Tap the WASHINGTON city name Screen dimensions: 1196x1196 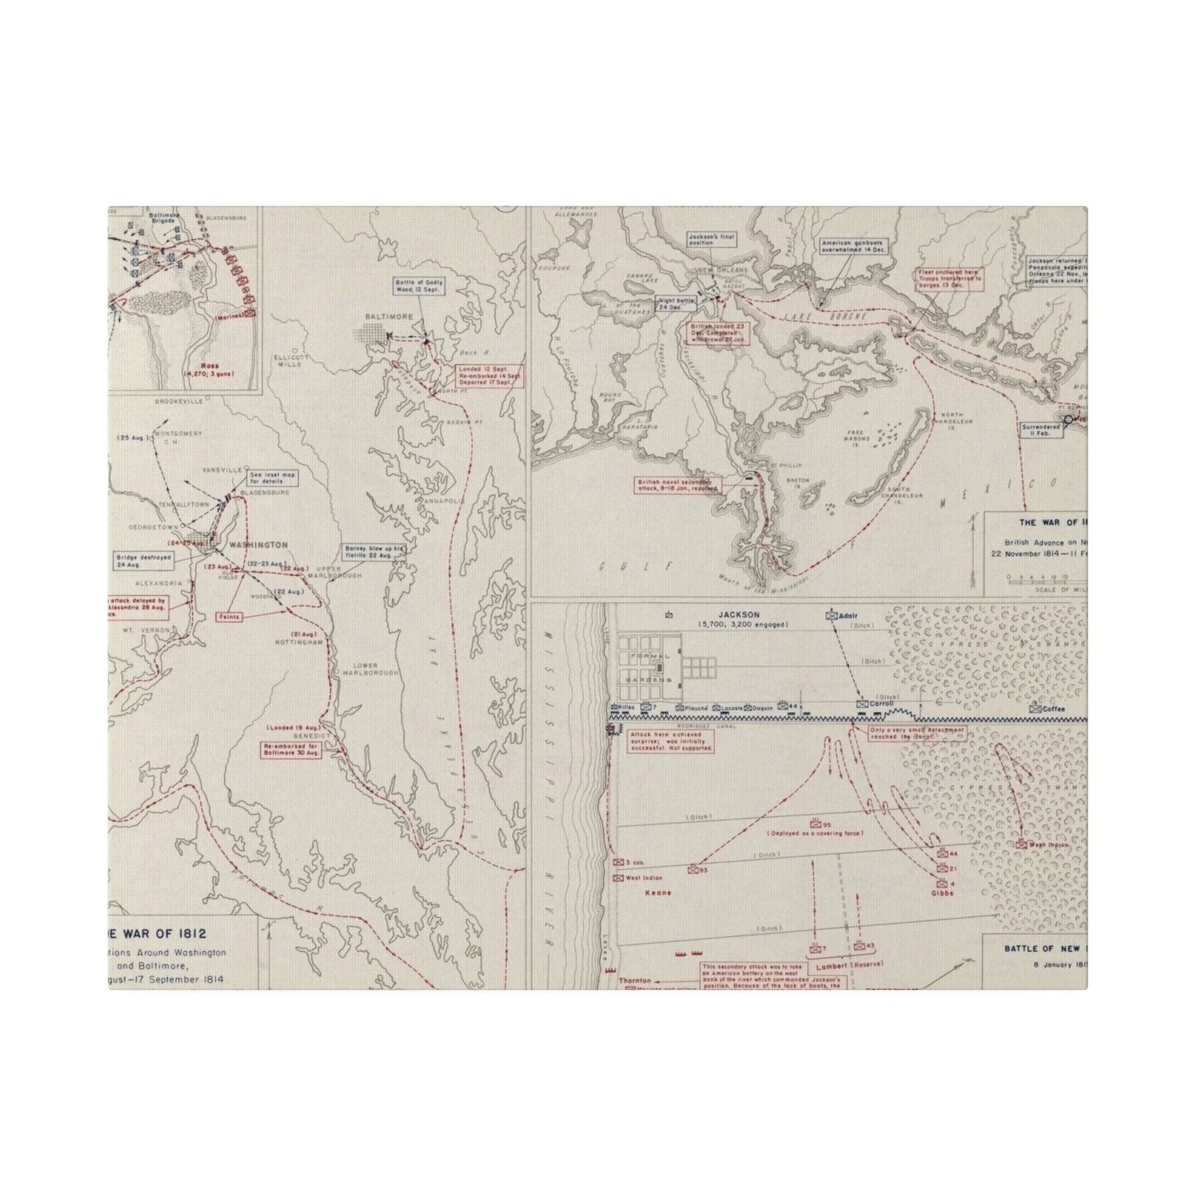pyautogui.click(x=257, y=545)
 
